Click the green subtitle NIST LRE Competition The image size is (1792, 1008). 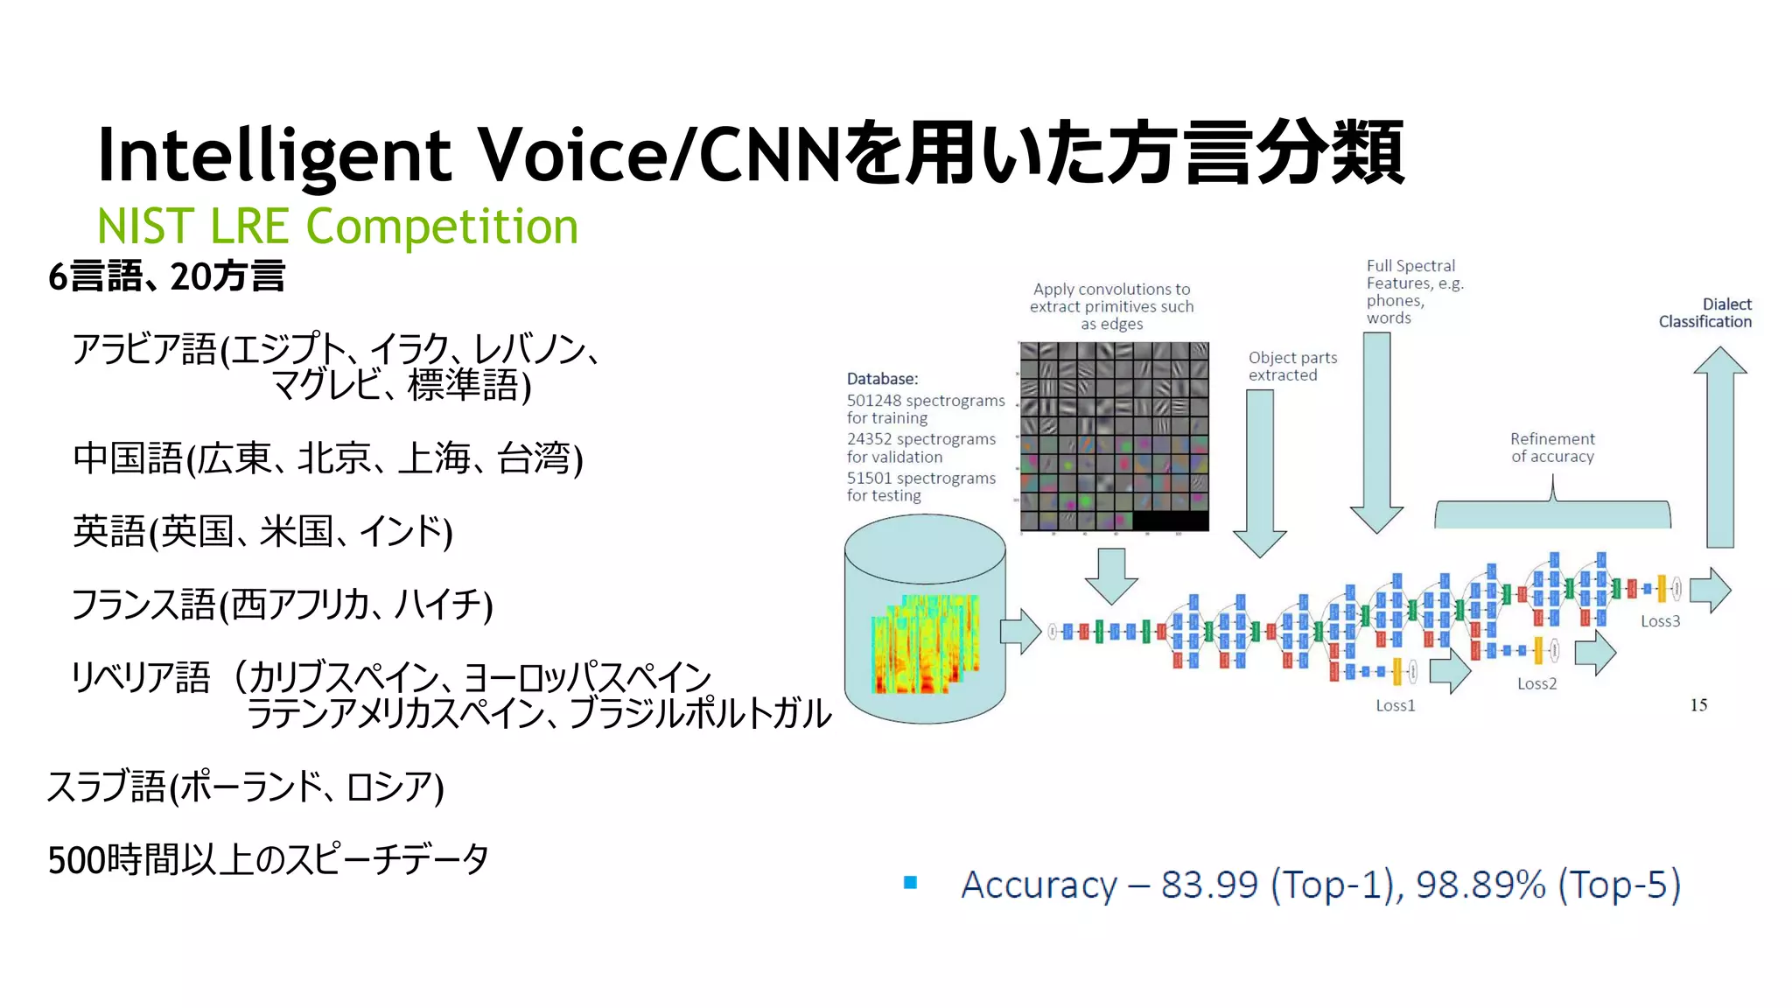click(x=337, y=227)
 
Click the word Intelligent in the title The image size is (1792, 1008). click(x=274, y=156)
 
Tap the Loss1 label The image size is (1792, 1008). click(x=1395, y=705)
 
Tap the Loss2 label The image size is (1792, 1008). click(x=1536, y=683)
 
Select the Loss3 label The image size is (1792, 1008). click(x=1660, y=621)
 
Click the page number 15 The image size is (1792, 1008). click(x=1698, y=705)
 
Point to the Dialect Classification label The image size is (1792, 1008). click(x=1705, y=313)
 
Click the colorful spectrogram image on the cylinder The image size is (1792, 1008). click(x=925, y=645)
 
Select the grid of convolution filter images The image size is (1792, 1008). click(x=1114, y=436)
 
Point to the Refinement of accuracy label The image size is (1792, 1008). click(x=1552, y=448)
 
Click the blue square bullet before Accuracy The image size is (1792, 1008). click(x=910, y=883)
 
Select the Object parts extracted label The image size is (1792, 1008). click(x=1292, y=367)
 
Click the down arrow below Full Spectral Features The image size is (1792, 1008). click(x=1376, y=433)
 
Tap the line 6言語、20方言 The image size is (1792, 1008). click(x=166, y=276)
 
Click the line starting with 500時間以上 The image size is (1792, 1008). click(x=267, y=860)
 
